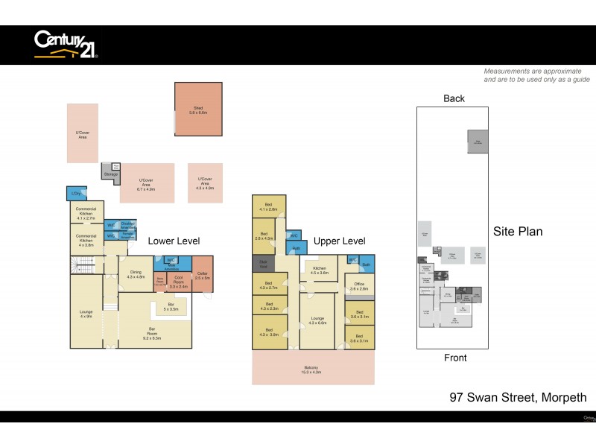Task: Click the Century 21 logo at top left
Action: pos(66,44)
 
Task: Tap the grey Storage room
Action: pos(111,173)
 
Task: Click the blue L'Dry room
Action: pos(75,194)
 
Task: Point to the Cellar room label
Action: pos(202,275)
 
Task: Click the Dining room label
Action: pos(136,274)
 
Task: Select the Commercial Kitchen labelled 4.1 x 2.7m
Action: pos(85,211)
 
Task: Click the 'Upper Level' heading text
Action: pos(339,241)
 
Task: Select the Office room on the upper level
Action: pos(359,287)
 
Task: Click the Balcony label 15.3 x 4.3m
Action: pos(312,369)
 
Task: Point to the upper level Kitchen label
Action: pos(320,270)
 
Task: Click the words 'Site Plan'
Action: pos(518,232)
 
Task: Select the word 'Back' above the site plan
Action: pos(454,98)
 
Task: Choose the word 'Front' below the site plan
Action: pos(455,358)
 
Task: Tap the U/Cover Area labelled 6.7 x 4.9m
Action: pos(146,184)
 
